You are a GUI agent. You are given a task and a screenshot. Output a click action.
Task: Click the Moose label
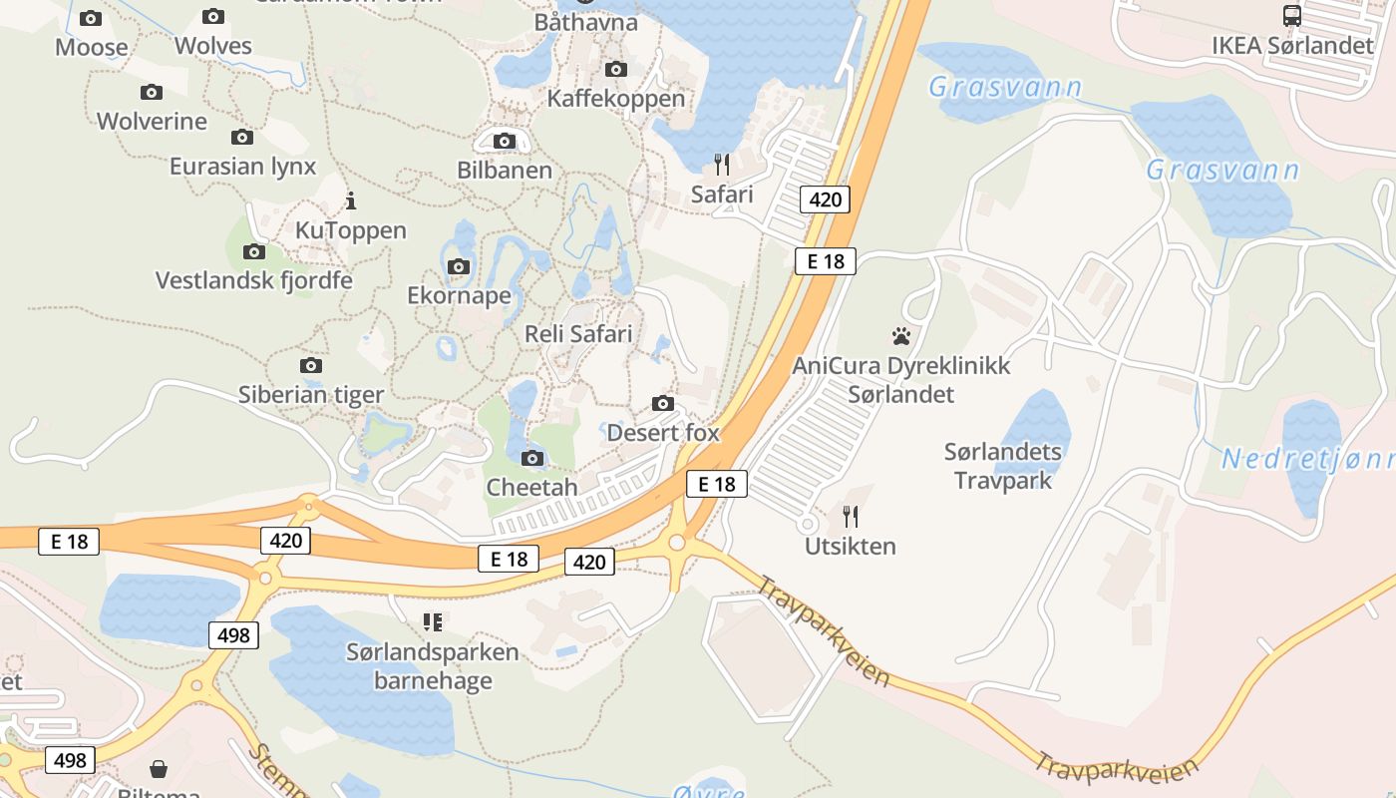[91, 47]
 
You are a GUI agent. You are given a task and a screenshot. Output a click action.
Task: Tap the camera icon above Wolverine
[152, 93]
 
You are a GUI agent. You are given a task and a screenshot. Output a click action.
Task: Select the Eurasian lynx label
[242, 167]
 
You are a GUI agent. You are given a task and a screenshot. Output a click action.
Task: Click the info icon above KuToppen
[350, 201]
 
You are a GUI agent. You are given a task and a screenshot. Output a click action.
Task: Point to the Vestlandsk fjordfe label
[253, 280]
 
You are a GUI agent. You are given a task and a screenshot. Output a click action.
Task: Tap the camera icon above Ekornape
[459, 266]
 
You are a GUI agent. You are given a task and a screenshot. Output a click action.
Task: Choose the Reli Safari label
[578, 334]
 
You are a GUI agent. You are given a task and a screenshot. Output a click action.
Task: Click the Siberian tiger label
[310, 395]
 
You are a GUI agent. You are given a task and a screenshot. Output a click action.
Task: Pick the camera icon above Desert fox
[662, 404]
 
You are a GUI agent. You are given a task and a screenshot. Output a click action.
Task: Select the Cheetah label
[531, 488]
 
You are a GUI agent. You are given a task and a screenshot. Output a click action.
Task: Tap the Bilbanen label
[505, 171]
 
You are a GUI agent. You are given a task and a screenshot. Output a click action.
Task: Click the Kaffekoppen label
[616, 99]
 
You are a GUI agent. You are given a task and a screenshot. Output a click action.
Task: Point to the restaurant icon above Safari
[722, 164]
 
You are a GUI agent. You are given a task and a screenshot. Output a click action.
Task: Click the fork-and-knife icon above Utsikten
[851, 516]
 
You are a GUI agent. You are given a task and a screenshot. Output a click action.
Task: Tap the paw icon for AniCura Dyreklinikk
[901, 336]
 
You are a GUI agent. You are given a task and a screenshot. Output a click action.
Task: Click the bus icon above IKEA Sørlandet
[1291, 16]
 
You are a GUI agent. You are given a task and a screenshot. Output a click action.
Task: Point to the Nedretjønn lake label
[1306, 460]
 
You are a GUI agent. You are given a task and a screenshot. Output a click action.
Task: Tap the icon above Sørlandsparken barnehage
[433, 622]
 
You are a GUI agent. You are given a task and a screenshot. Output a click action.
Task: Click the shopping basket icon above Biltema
[159, 769]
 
